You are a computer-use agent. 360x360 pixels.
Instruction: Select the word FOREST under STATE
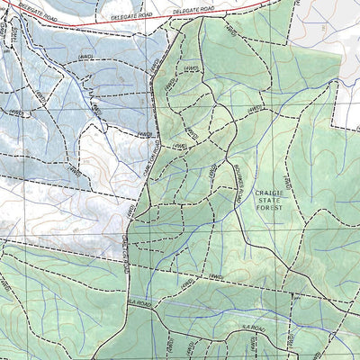point(269,207)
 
